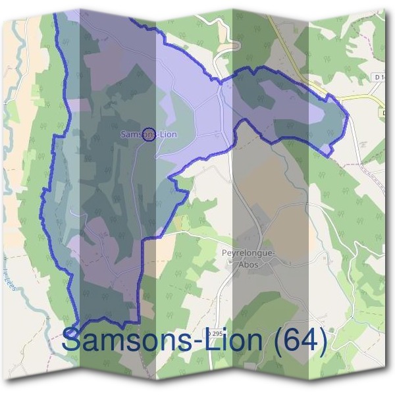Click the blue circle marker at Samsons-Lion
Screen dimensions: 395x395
[149, 134]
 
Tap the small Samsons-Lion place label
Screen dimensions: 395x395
[149, 134]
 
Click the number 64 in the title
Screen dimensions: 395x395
[294, 341]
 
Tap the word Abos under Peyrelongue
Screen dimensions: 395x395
[250, 264]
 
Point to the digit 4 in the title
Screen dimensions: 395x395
[305, 341]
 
